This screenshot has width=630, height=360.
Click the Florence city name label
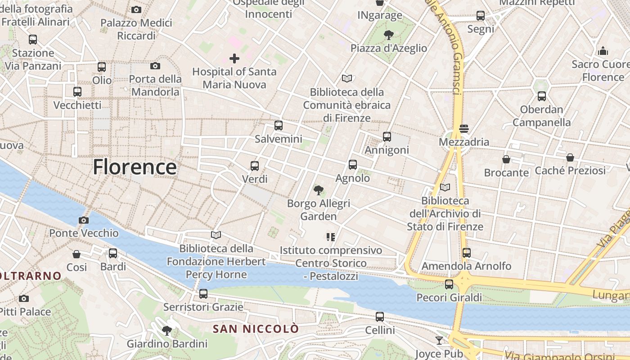[x=135, y=167]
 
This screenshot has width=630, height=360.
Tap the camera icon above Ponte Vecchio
[x=83, y=220]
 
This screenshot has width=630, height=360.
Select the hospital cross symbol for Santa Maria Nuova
[x=234, y=58]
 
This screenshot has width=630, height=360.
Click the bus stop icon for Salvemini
[x=279, y=126]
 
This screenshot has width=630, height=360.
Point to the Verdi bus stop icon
[x=255, y=166]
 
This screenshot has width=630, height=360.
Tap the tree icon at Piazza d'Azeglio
[x=389, y=35]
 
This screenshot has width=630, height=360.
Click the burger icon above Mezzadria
[x=464, y=129]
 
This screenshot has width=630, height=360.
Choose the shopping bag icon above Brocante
[x=506, y=159]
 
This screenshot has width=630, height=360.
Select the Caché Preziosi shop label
[x=570, y=171]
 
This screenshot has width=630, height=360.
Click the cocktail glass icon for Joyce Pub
[x=439, y=340]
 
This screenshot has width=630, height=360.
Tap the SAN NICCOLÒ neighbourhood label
[x=255, y=329]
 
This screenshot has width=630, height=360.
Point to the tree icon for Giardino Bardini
[x=166, y=331]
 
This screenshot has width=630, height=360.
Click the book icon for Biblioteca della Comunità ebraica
[x=346, y=79]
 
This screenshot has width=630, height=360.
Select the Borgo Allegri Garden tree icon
[x=319, y=190]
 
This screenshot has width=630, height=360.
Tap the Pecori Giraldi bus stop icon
[x=449, y=284]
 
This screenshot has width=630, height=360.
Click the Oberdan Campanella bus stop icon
[x=542, y=96]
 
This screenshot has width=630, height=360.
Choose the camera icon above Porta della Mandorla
[x=155, y=66]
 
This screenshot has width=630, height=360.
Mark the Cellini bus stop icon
[x=380, y=317]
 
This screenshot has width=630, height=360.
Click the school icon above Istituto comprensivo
[x=331, y=237]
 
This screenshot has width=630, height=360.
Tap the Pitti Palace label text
[x=25, y=311]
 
